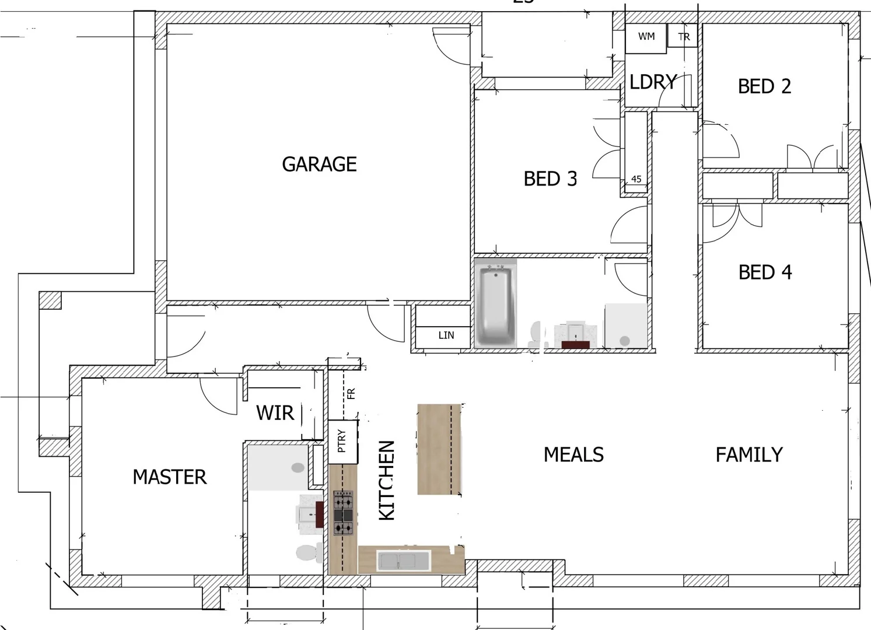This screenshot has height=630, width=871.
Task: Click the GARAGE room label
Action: tap(319, 164)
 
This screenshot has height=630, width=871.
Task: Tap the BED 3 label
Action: tap(550, 178)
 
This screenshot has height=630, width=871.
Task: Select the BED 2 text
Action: tap(764, 86)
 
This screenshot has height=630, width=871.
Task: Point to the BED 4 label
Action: tap(765, 272)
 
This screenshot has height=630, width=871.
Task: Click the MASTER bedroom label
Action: tap(169, 477)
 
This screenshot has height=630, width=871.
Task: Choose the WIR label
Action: tap(275, 413)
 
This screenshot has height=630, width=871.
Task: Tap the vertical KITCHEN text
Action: tap(387, 480)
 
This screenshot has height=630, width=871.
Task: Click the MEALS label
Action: tap(573, 455)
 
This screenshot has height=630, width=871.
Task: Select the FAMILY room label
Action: tap(749, 455)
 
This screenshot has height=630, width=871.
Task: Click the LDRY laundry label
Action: tap(653, 82)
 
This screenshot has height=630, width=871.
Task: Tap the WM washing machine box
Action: tap(646, 37)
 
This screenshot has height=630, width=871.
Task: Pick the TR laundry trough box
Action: tap(683, 37)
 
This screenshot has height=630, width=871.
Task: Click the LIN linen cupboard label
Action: tap(446, 335)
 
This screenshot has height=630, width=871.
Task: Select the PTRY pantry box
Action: tap(342, 441)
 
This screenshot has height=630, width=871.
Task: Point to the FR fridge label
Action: tap(351, 394)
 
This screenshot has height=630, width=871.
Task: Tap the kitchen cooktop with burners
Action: tap(343, 513)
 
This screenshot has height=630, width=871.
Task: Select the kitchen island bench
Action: tap(439, 449)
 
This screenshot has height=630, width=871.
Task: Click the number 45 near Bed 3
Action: tap(636, 179)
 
